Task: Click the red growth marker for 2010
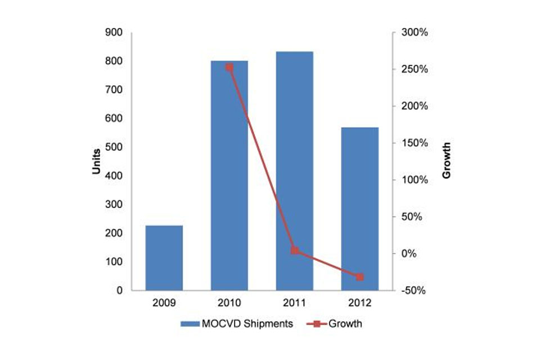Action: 229,67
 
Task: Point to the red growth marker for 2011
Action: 294,250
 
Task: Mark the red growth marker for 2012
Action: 360,277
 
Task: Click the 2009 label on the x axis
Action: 164,303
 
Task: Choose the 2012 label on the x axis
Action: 360,303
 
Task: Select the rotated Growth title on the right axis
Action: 447,161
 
